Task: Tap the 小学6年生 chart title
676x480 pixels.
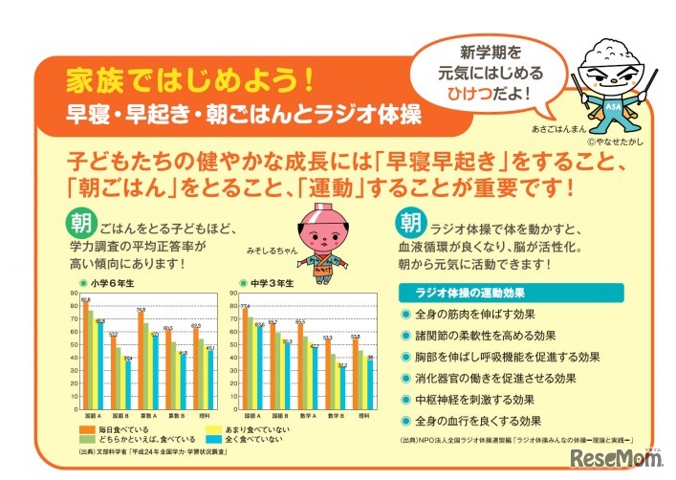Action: (x=111, y=284)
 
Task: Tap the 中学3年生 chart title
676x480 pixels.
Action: (x=269, y=284)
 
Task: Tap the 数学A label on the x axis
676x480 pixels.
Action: (x=299, y=416)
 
